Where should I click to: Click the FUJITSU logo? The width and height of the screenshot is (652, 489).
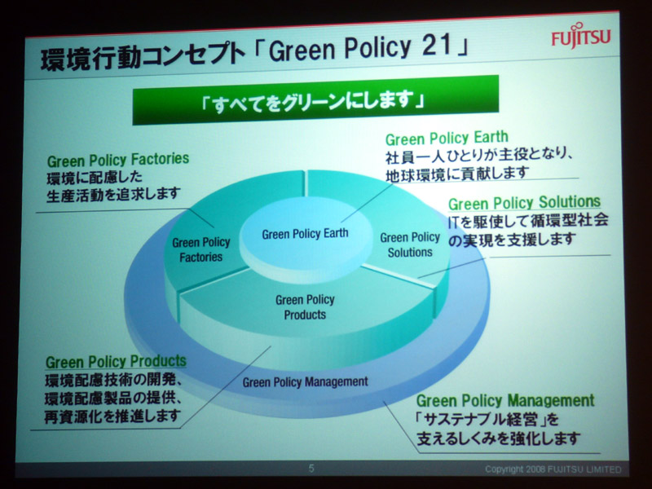[581, 36]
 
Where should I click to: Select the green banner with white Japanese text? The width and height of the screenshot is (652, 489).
[315, 100]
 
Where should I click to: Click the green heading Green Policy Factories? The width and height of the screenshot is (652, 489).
[118, 160]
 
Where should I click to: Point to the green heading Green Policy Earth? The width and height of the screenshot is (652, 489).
[447, 138]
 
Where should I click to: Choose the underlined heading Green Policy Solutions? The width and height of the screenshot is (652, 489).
[524, 202]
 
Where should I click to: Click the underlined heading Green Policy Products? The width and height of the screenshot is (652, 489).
[116, 361]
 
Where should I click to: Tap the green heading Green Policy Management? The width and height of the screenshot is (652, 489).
[505, 400]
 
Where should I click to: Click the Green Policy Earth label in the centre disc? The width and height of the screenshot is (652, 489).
[305, 234]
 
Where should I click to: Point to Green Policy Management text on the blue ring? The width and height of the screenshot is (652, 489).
[305, 381]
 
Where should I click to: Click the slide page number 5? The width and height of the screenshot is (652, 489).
[311, 469]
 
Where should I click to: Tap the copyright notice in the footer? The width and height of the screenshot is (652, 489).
[553, 469]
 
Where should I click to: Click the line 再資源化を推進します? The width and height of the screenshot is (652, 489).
[113, 416]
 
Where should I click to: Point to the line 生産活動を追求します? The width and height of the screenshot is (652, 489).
[114, 194]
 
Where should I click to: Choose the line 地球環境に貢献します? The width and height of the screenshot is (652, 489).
[457, 174]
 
